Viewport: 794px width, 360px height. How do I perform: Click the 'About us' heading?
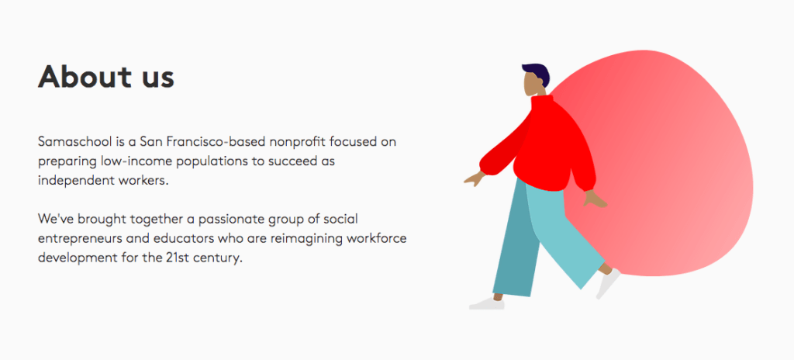pos(106,77)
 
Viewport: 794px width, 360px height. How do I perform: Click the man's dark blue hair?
pos(537,74)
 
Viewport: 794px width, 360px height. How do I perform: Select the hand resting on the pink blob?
pos(595,200)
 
